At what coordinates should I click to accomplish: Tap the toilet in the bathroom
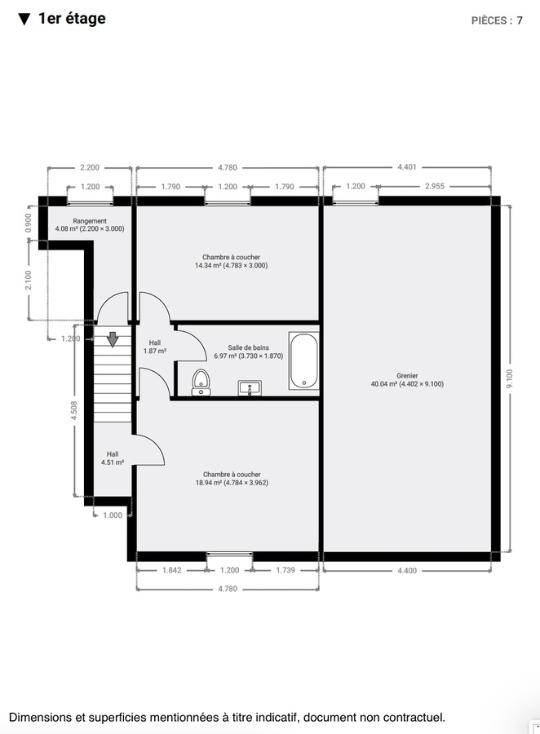[201, 381]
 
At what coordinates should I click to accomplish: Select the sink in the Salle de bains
[249, 387]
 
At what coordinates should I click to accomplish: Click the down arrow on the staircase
[113, 338]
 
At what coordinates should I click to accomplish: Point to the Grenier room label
[406, 379]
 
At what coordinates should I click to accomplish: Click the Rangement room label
[90, 225]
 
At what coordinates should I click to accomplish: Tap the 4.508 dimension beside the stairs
[74, 410]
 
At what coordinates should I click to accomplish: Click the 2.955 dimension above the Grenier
[434, 186]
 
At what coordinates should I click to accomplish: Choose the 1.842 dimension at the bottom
[171, 570]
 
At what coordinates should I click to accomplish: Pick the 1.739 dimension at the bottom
[285, 570]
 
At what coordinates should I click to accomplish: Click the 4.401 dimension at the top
[406, 167]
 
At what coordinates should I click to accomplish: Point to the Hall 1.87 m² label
[155, 347]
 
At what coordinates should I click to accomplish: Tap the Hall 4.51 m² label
[112, 458]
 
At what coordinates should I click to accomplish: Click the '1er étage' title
[72, 19]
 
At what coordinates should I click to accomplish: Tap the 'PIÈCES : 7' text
[497, 20]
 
